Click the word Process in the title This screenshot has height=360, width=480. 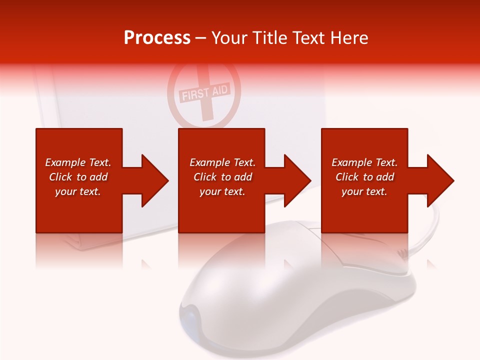[x=157, y=38]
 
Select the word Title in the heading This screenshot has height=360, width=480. [x=269, y=38]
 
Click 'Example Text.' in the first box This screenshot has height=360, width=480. [x=78, y=162]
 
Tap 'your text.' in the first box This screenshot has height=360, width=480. [x=78, y=191]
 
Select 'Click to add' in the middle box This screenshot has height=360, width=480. [x=222, y=177]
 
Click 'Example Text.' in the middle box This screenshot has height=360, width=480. [x=222, y=162]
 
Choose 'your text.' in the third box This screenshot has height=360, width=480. [x=364, y=191]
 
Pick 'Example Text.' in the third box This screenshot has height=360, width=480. [x=364, y=162]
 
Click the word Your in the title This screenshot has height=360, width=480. [x=229, y=38]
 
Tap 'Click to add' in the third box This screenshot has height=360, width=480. [x=364, y=177]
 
